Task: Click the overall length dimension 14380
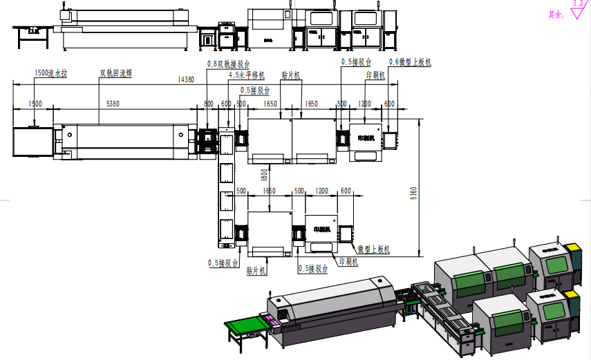pyautogui.click(x=185, y=80)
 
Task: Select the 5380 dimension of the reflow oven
pyautogui.click(x=112, y=104)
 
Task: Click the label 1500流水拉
pyautogui.click(x=50, y=73)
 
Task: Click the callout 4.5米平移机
pyautogui.click(x=246, y=76)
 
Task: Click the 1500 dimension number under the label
pyautogui.click(x=35, y=104)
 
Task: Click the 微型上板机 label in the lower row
pyautogui.click(x=373, y=249)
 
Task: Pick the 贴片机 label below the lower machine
pyautogui.click(x=257, y=272)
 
